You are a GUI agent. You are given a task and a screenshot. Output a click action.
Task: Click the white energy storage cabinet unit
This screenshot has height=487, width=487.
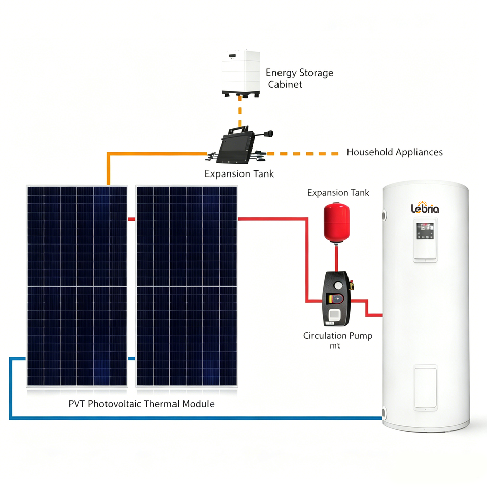tap(240, 74)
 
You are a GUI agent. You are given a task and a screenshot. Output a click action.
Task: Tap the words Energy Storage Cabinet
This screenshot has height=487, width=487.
tap(299, 78)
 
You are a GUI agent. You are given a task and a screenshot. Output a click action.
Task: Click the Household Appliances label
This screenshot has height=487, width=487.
tap(395, 152)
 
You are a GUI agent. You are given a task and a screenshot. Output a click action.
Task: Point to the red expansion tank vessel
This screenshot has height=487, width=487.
tap(336, 223)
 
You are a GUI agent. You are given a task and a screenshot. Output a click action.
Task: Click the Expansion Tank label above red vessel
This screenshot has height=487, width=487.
tap(338, 193)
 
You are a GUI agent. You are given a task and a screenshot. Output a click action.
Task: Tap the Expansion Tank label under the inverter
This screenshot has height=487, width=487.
tap(239, 174)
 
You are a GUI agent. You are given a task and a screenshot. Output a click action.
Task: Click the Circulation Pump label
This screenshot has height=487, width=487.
tap(338, 336)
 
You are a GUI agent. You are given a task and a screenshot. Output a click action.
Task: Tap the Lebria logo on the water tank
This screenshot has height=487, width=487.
tap(425, 208)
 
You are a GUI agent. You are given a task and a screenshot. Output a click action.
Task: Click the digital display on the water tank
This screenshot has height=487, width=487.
tap(425, 231)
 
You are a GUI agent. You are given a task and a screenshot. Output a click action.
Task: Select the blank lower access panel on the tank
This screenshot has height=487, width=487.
tap(425, 388)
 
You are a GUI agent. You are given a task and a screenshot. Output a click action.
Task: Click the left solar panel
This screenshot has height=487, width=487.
tap(77, 286)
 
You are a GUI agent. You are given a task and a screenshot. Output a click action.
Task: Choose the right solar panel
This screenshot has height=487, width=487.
tap(187, 286)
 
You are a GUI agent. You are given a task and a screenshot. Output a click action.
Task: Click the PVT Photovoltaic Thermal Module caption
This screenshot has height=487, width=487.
tap(142, 404)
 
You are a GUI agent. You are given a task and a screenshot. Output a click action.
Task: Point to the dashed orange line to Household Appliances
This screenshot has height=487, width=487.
tap(303, 153)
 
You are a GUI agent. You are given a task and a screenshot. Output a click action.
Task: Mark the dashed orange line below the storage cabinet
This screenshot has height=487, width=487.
tap(240, 112)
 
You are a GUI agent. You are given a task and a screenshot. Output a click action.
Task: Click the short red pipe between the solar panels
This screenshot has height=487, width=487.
tap(132, 219)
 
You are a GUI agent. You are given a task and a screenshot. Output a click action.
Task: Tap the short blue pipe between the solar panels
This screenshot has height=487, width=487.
tap(132, 359)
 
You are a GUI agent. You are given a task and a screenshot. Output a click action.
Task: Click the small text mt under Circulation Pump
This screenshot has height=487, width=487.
tap(335, 345)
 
